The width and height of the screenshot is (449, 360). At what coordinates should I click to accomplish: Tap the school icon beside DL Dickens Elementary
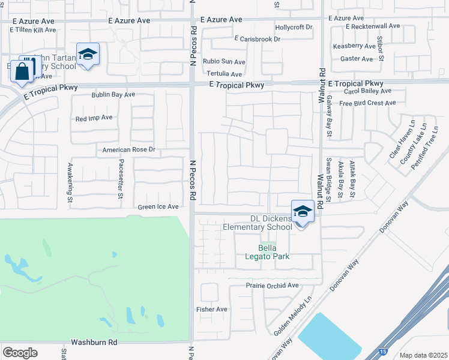(303, 212)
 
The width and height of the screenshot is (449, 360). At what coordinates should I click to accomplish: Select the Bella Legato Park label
(274, 252)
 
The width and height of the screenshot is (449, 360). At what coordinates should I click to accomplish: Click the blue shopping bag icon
(22, 72)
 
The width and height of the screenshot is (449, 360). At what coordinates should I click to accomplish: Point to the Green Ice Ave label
(158, 206)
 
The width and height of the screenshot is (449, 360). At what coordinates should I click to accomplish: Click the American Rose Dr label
(129, 149)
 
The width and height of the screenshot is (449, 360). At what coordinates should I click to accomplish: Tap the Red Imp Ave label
(94, 118)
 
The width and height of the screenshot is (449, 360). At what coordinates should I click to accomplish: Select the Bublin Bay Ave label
(113, 95)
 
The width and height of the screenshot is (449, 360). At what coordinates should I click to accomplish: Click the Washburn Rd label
(94, 342)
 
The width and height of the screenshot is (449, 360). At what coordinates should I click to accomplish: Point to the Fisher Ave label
(212, 309)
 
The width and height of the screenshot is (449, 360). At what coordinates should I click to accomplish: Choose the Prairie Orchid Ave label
(272, 286)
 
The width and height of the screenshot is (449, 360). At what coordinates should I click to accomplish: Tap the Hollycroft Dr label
(294, 27)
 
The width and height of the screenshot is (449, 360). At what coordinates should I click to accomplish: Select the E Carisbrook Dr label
(258, 39)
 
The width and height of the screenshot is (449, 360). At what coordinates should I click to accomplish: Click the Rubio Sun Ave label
(224, 61)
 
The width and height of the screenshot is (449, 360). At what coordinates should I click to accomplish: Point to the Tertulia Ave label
(224, 74)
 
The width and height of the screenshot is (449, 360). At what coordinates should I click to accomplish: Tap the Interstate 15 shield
(384, 350)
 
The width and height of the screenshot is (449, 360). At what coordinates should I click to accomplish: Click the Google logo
(20, 352)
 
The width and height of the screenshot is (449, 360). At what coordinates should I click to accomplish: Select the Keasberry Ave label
(354, 46)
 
